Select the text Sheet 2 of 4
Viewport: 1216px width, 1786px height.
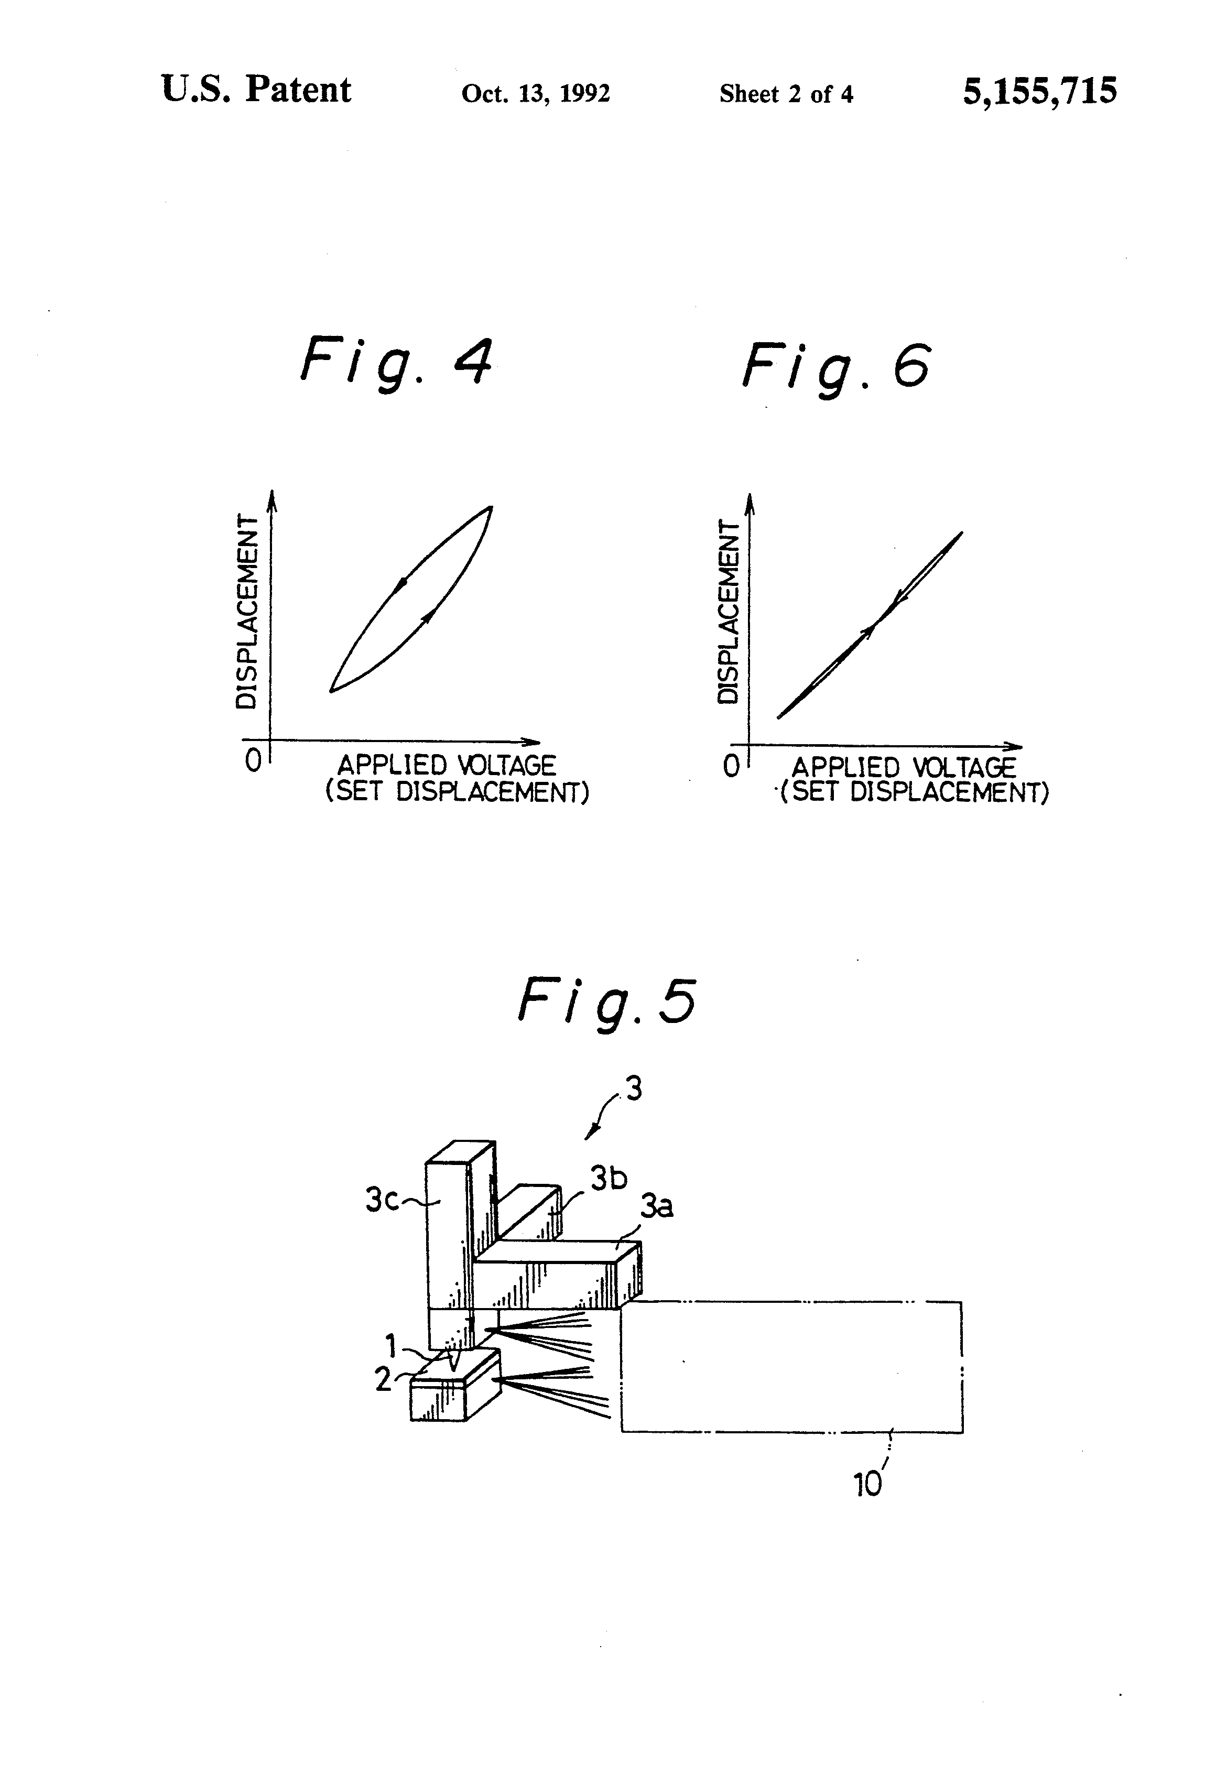786,94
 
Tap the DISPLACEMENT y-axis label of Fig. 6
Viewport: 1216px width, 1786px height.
727,612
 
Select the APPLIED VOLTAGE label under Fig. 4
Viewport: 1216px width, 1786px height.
447,766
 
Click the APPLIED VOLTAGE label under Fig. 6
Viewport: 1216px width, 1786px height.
904,768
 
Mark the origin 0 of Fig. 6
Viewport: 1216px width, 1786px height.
731,766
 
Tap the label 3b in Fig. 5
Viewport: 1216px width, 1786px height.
608,1178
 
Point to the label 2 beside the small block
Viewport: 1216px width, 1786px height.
383,1379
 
